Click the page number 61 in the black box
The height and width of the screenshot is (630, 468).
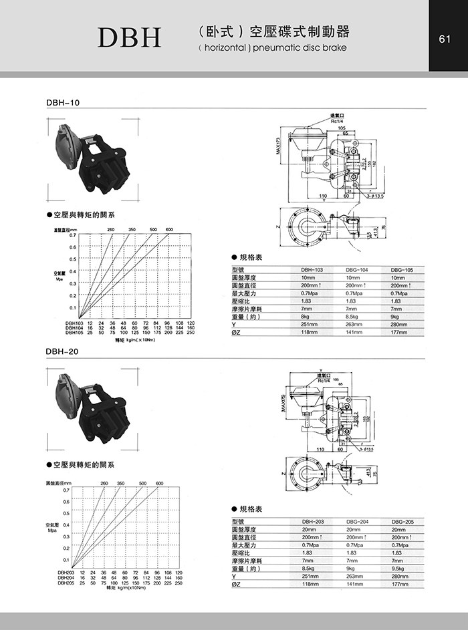coord(443,39)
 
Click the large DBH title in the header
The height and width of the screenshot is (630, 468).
coord(130,38)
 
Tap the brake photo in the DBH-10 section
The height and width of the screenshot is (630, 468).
coord(93,161)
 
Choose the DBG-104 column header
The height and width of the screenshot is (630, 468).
coord(357,269)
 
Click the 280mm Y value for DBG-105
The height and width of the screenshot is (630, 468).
coord(399,324)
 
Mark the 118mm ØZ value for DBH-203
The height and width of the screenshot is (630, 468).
coord(310,583)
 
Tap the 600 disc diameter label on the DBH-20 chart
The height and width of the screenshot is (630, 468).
coord(160,482)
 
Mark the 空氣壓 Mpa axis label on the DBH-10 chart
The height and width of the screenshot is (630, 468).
coord(60,274)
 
